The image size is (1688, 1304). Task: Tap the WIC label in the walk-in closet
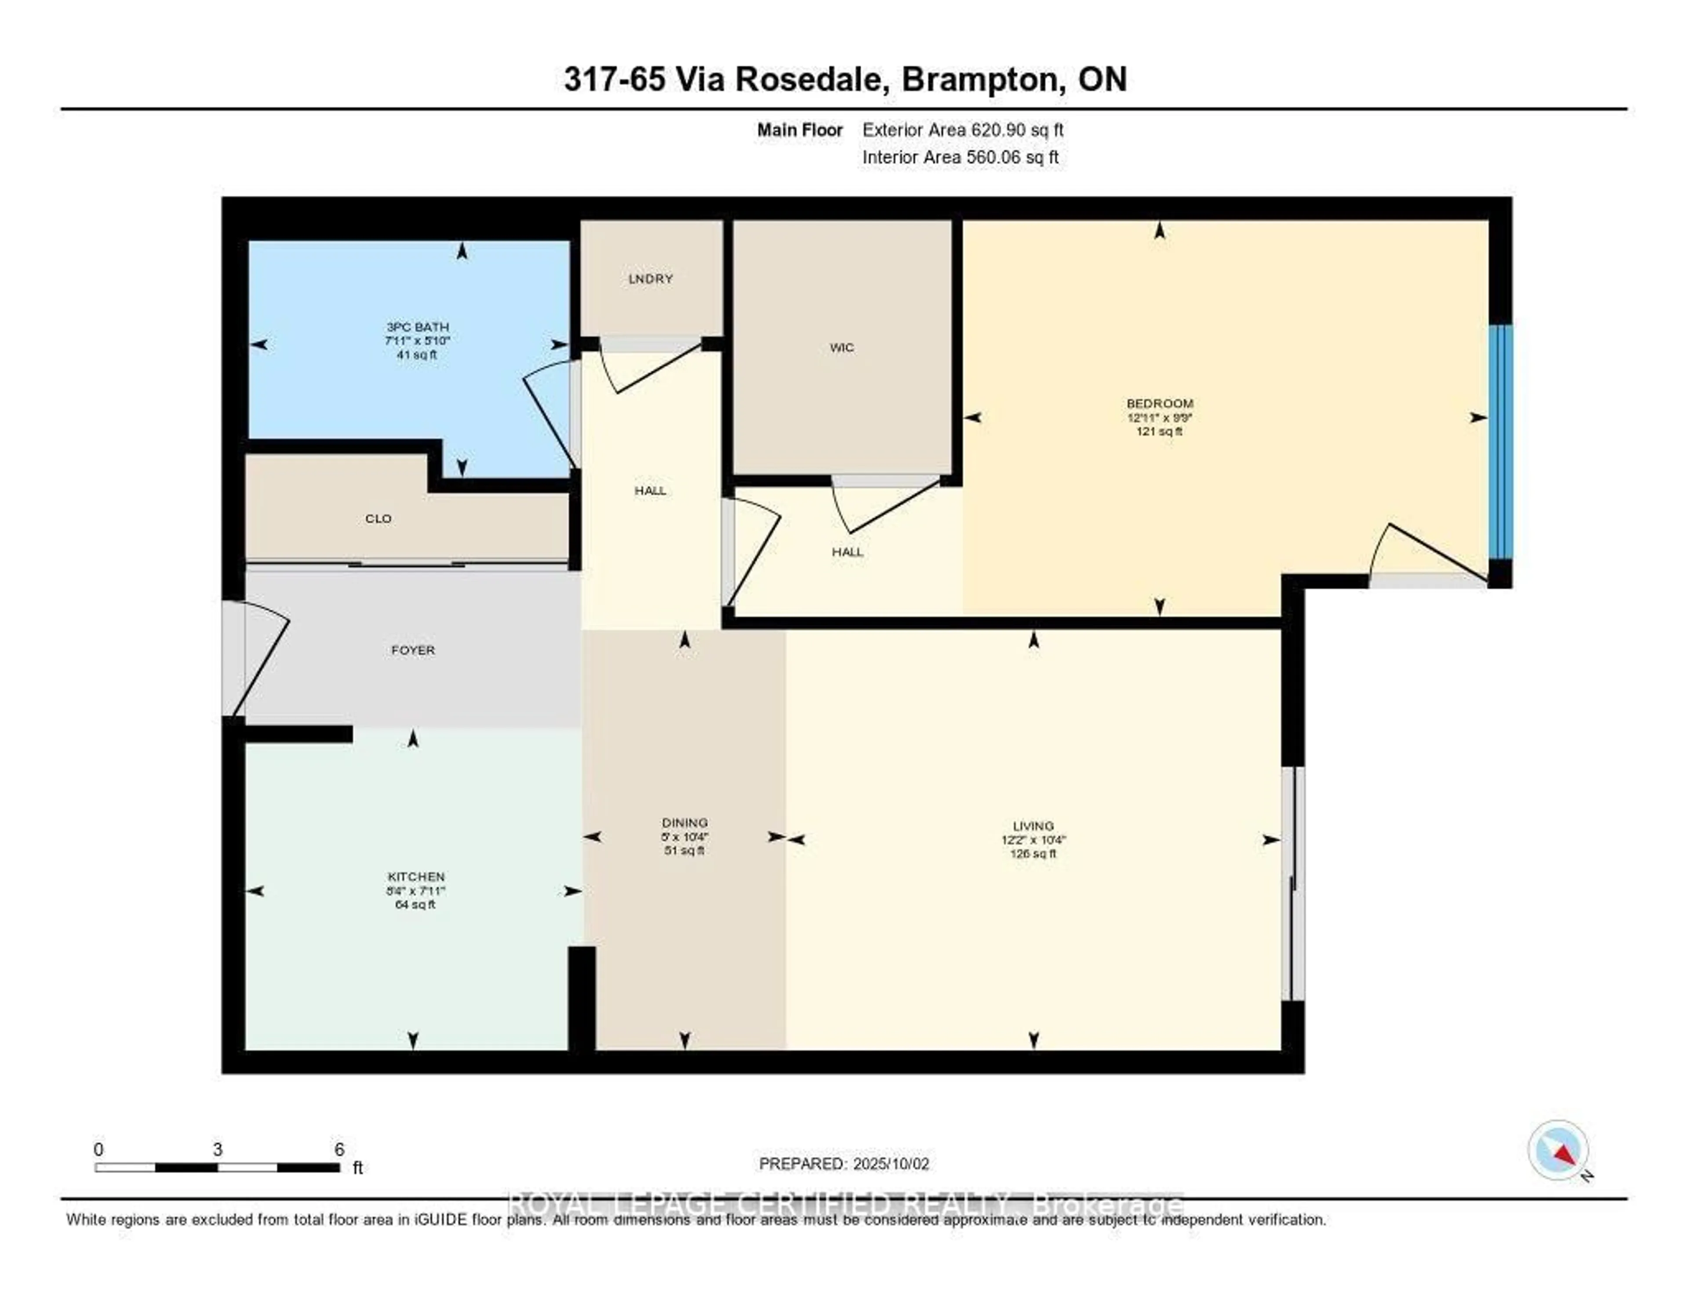tap(842, 348)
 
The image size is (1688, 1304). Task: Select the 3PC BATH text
tap(417, 327)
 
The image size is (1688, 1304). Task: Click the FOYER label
tap(413, 650)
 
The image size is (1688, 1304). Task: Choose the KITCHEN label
tap(416, 877)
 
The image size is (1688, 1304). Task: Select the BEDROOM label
tap(1159, 404)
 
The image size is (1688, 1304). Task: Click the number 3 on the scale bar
tap(218, 1149)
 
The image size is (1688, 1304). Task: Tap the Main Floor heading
tap(799, 130)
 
